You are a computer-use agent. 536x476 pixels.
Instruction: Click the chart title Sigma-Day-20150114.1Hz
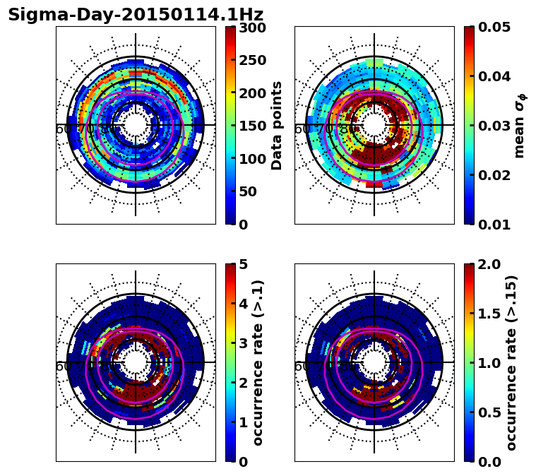click(x=136, y=15)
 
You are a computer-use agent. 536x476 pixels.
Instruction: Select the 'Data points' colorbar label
click(x=277, y=125)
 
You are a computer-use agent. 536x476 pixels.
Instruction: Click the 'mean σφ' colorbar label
click(x=519, y=126)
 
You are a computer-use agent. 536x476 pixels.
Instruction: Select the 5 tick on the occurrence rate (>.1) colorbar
click(x=242, y=265)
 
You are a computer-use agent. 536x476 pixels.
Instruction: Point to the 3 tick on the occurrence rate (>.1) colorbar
click(x=242, y=343)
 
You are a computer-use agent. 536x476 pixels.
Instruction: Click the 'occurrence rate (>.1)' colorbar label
click(x=258, y=363)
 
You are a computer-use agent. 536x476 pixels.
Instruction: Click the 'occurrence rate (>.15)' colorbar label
click(x=511, y=363)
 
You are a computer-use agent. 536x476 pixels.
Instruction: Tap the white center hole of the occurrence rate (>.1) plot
click(x=136, y=362)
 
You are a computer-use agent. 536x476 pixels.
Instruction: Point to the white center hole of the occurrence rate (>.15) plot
click(x=374, y=362)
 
